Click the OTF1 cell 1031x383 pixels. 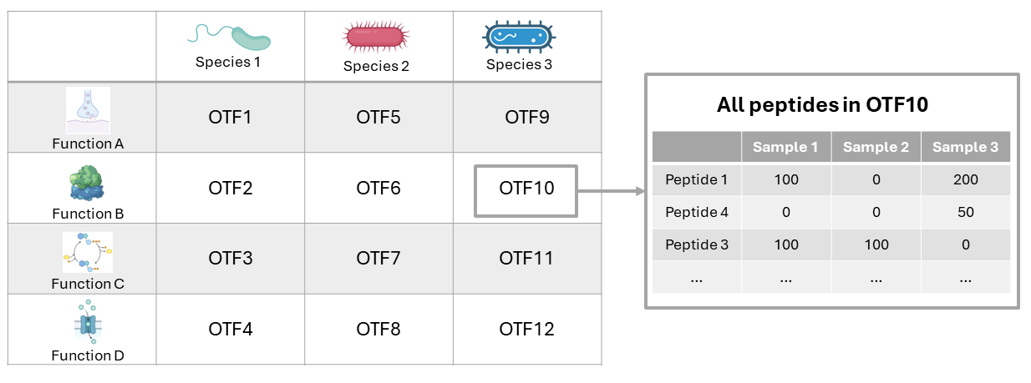(230, 118)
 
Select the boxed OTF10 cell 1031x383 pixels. (526, 189)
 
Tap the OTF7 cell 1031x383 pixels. (378, 259)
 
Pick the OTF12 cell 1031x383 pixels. (526, 330)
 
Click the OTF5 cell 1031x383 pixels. (378, 118)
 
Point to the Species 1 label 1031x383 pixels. (229, 62)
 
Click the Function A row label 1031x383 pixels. (88, 144)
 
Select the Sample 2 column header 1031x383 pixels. (876, 147)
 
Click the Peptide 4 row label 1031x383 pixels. (697, 212)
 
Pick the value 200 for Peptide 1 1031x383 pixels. (965, 179)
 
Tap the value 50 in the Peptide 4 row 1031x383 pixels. (965, 212)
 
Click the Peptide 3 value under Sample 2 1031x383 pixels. (876, 244)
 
